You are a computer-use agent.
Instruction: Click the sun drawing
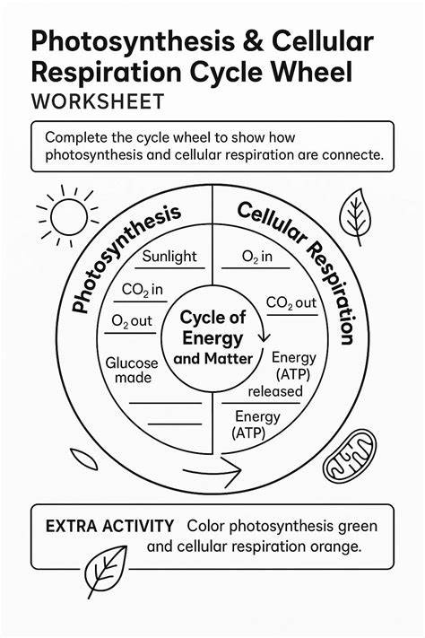click(68, 216)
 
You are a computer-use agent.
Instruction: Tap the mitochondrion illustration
click(350, 457)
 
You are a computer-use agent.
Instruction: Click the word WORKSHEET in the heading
click(98, 101)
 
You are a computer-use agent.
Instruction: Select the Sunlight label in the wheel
click(169, 257)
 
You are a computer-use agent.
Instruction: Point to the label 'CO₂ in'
click(142, 290)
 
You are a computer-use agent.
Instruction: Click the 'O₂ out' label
click(132, 321)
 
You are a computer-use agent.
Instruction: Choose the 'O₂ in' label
click(257, 257)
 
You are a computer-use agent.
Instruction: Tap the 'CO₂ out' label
click(291, 302)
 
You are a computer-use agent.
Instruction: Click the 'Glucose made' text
click(132, 370)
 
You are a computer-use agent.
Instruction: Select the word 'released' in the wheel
click(275, 391)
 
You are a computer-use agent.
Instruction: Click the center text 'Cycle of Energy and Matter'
click(213, 337)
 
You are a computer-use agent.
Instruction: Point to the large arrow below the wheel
click(212, 470)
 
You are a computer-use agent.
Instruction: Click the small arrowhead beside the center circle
click(264, 336)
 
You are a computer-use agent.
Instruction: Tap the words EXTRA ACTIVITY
click(109, 527)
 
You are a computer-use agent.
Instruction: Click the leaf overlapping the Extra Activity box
click(107, 571)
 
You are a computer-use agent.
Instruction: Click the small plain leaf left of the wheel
click(83, 459)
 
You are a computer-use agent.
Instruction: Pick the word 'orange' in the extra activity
click(335, 546)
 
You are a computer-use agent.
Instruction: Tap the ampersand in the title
click(253, 41)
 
